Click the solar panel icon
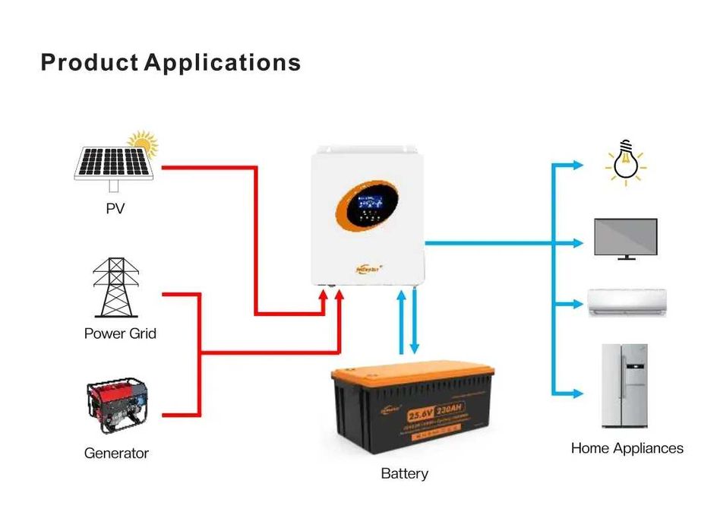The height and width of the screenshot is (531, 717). [x=114, y=164]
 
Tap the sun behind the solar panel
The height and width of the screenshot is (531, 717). [x=143, y=142]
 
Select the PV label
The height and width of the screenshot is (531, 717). [x=115, y=208]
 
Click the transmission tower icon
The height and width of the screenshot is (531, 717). [x=116, y=288]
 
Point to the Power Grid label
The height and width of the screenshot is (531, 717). [x=120, y=333]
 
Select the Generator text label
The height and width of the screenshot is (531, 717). [x=116, y=454]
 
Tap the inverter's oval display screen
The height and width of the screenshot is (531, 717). [x=363, y=207]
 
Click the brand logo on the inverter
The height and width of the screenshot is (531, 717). [x=370, y=267]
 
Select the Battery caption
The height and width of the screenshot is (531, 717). [x=404, y=474]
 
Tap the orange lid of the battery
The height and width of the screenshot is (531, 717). [x=414, y=375]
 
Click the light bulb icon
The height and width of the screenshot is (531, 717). [x=624, y=163]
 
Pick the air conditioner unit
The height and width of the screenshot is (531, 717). [x=627, y=302]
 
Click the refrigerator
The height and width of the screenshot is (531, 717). [x=624, y=385]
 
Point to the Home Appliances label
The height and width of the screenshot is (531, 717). [x=627, y=448]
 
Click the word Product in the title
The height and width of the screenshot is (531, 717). [x=90, y=62]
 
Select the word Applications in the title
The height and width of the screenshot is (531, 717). [x=223, y=62]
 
